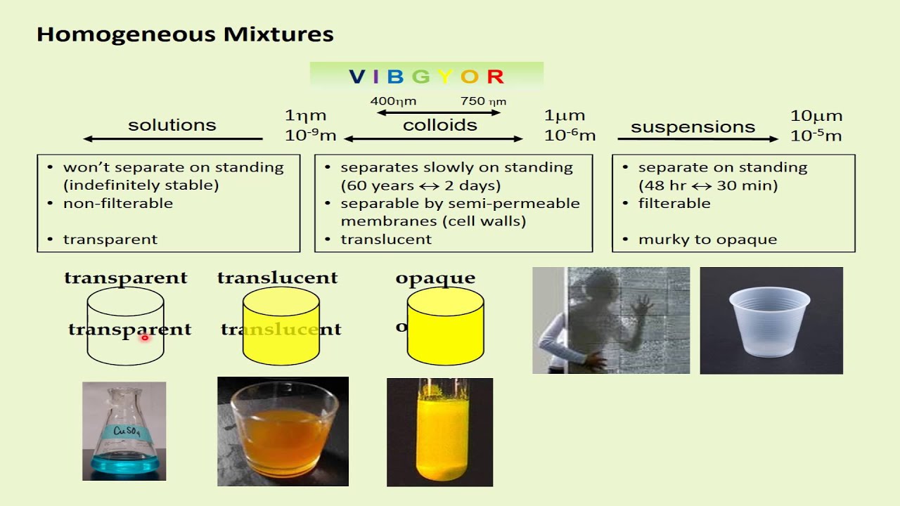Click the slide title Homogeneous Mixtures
click(x=185, y=34)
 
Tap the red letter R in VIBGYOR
click(x=495, y=77)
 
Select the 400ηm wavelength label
click(x=393, y=101)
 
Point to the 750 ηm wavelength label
click(x=483, y=101)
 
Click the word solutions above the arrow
click(x=172, y=125)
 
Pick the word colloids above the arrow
click(x=439, y=125)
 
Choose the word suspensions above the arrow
click(x=693, y=127)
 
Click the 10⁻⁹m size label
click(x=310, y=135)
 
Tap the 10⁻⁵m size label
click(x=816, y=135)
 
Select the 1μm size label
click(x=565, y=115)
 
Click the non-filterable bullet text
click(x=117, y=203)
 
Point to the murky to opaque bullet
click(x=707, y=240)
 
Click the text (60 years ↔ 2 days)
click(x=420, y=186)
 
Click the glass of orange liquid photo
click(x=283, y=432)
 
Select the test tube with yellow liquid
click(x=439, y=432)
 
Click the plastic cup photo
click(x=771, y=320)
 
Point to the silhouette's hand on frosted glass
click(x=641, y=306)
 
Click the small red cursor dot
click(x=144, y=338)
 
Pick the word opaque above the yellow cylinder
click(x=435, y=278)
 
